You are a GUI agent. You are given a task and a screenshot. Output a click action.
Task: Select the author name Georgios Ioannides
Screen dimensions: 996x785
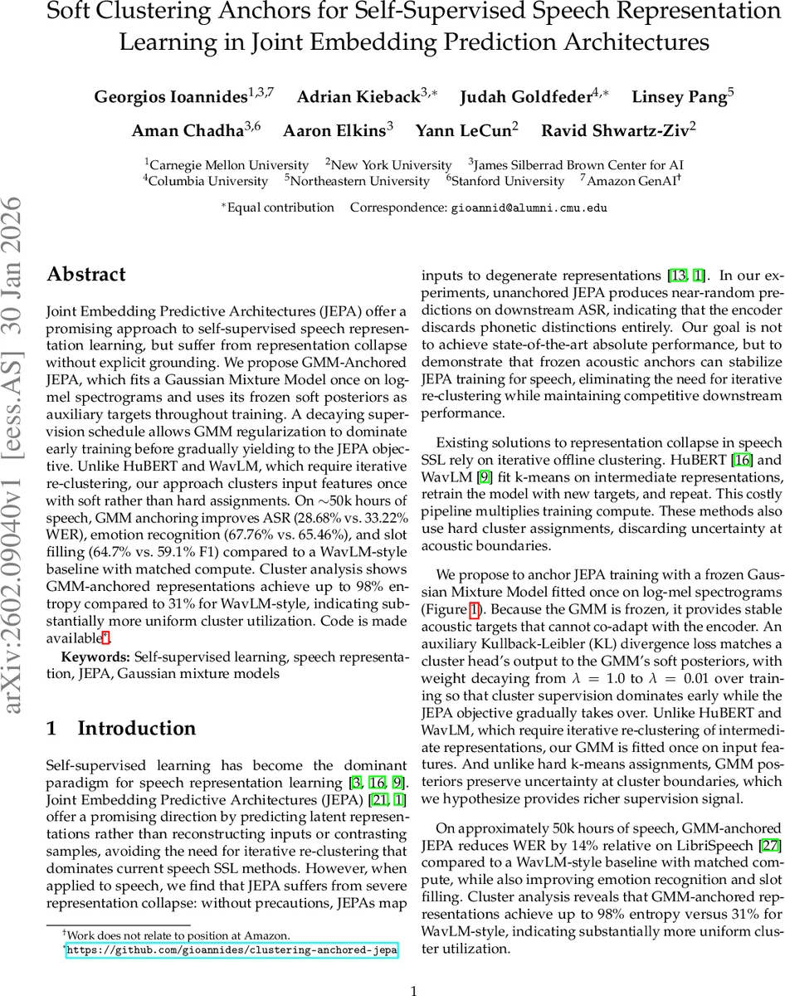(170, 97)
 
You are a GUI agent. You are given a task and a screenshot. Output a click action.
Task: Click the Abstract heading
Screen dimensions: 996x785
(86, 275)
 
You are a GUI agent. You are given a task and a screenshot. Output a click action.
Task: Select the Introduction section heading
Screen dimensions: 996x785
(136, 729)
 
